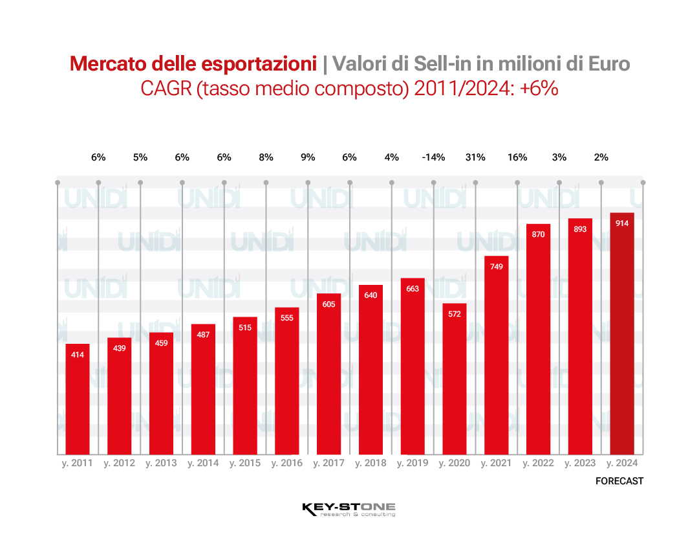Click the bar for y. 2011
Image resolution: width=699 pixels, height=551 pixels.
78,399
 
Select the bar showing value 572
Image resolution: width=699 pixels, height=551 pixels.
455,379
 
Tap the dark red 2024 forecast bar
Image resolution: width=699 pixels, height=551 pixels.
622,333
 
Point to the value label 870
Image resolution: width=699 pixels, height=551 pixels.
538,234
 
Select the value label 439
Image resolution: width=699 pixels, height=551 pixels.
119,348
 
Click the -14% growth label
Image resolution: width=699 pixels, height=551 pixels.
433,157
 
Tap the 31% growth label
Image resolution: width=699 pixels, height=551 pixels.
475,157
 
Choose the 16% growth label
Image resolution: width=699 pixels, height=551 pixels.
517,157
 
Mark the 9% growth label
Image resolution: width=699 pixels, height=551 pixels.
308,157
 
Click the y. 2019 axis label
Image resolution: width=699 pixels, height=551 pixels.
413,464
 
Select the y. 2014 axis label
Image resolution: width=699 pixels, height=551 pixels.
203,464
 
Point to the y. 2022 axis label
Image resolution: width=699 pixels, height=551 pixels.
538,464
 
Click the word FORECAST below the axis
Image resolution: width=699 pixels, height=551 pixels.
619,481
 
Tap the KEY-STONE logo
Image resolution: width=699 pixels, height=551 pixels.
349,509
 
